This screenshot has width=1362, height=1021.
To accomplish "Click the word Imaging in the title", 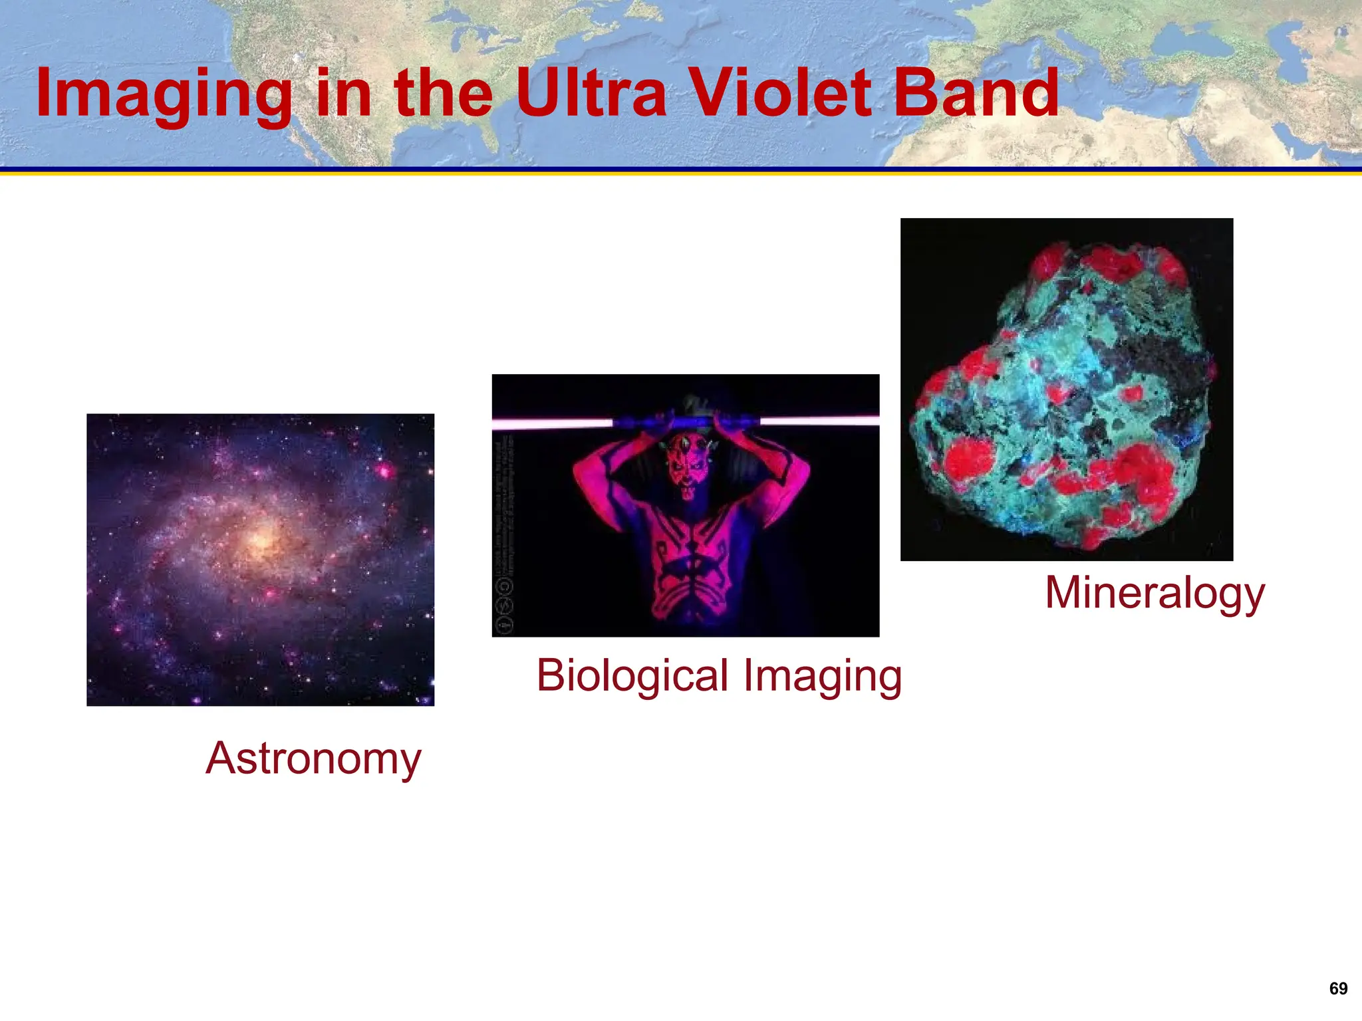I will (x=164, y=94).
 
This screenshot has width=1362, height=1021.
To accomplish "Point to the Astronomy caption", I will (x=313, y=758).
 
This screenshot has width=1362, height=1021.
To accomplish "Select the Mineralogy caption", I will (x=1155, y=593).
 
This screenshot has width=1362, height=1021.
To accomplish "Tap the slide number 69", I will (x=1338, y=988).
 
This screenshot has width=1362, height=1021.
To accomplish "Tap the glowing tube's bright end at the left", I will (x=552, y=423).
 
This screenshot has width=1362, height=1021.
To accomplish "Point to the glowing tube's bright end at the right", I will (x=819, y=420).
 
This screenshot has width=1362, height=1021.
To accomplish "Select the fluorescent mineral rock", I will (x=1064, y=392).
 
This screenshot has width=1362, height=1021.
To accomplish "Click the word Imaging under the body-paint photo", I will (x=823, y=675).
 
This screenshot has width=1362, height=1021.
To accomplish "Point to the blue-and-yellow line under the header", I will (x=681, y=171).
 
